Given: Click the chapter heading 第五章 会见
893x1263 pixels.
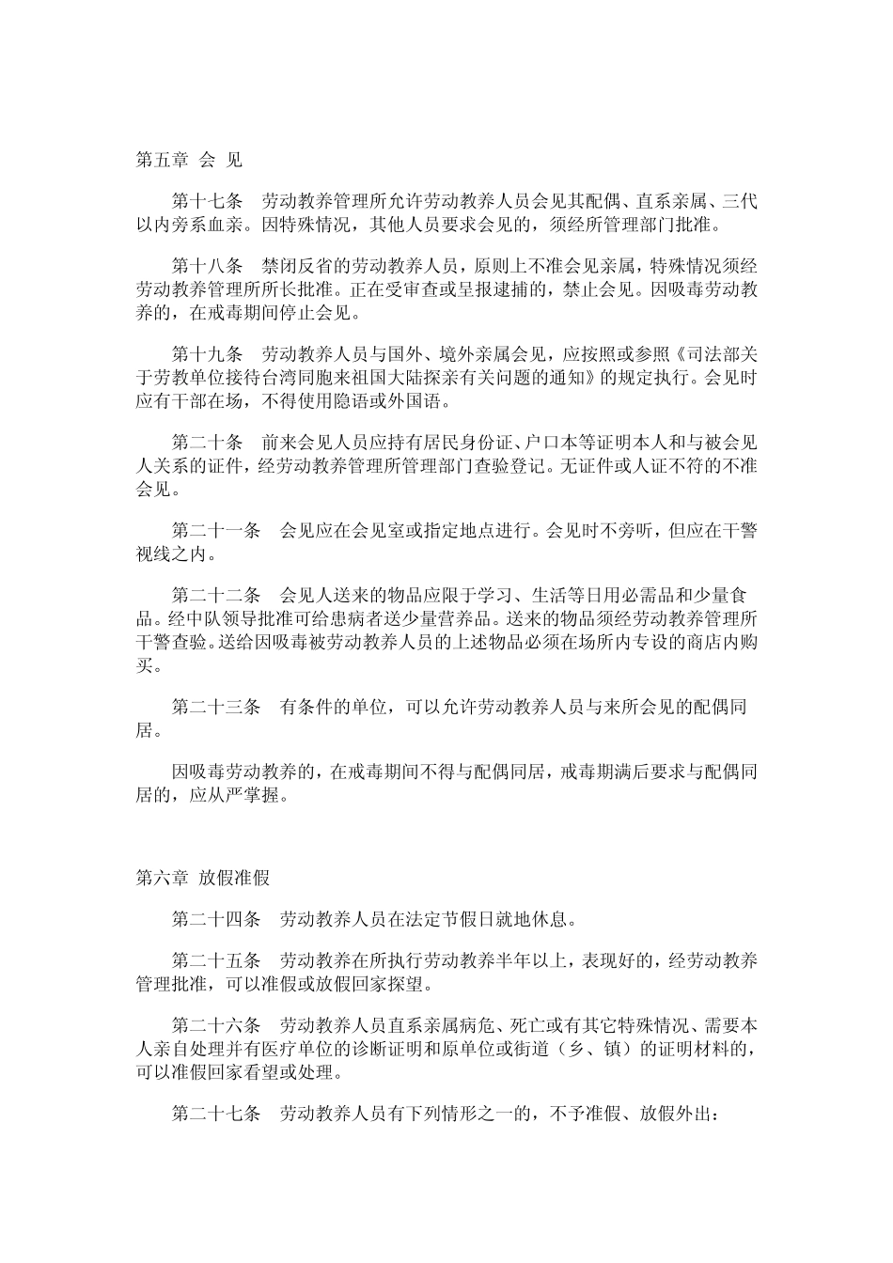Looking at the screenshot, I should (x=189, y=160).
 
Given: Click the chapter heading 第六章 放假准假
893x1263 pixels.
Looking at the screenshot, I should (x=203, y=879).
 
